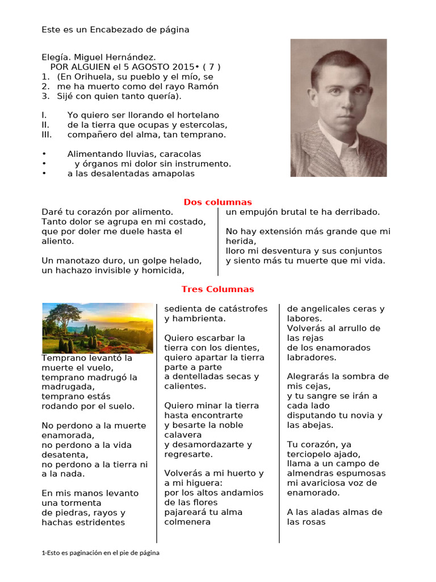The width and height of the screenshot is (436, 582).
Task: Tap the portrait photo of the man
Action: pyautogui.click(x=338, y=107)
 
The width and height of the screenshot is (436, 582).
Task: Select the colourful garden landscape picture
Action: pyautogui.click(x=98, y=328)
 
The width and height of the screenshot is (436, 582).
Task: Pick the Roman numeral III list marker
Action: pyautogui.click(x=47, y=135)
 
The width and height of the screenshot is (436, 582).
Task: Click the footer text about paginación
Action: pyautogui.click(x=100, y=553)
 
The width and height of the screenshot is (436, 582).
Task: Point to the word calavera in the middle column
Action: pyautogui.click(x=183, y=435)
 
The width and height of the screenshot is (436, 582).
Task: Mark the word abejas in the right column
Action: pyautogui.click(x=319, y=425)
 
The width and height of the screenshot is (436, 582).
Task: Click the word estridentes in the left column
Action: pyautogui.click(x=97, y=522)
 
